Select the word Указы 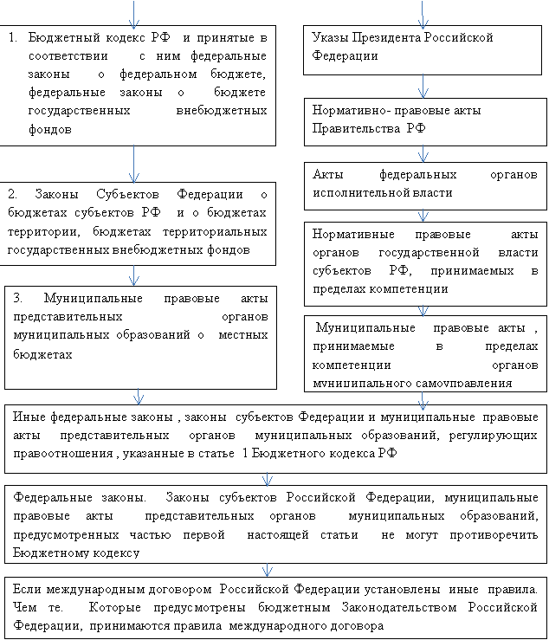click(x=330, y=38)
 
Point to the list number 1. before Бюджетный click(x=13, y=38)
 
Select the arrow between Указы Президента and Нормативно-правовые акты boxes click(x=423, y=86)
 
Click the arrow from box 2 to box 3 click(x=134, y=275)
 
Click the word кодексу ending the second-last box click(x=116, y=552)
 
